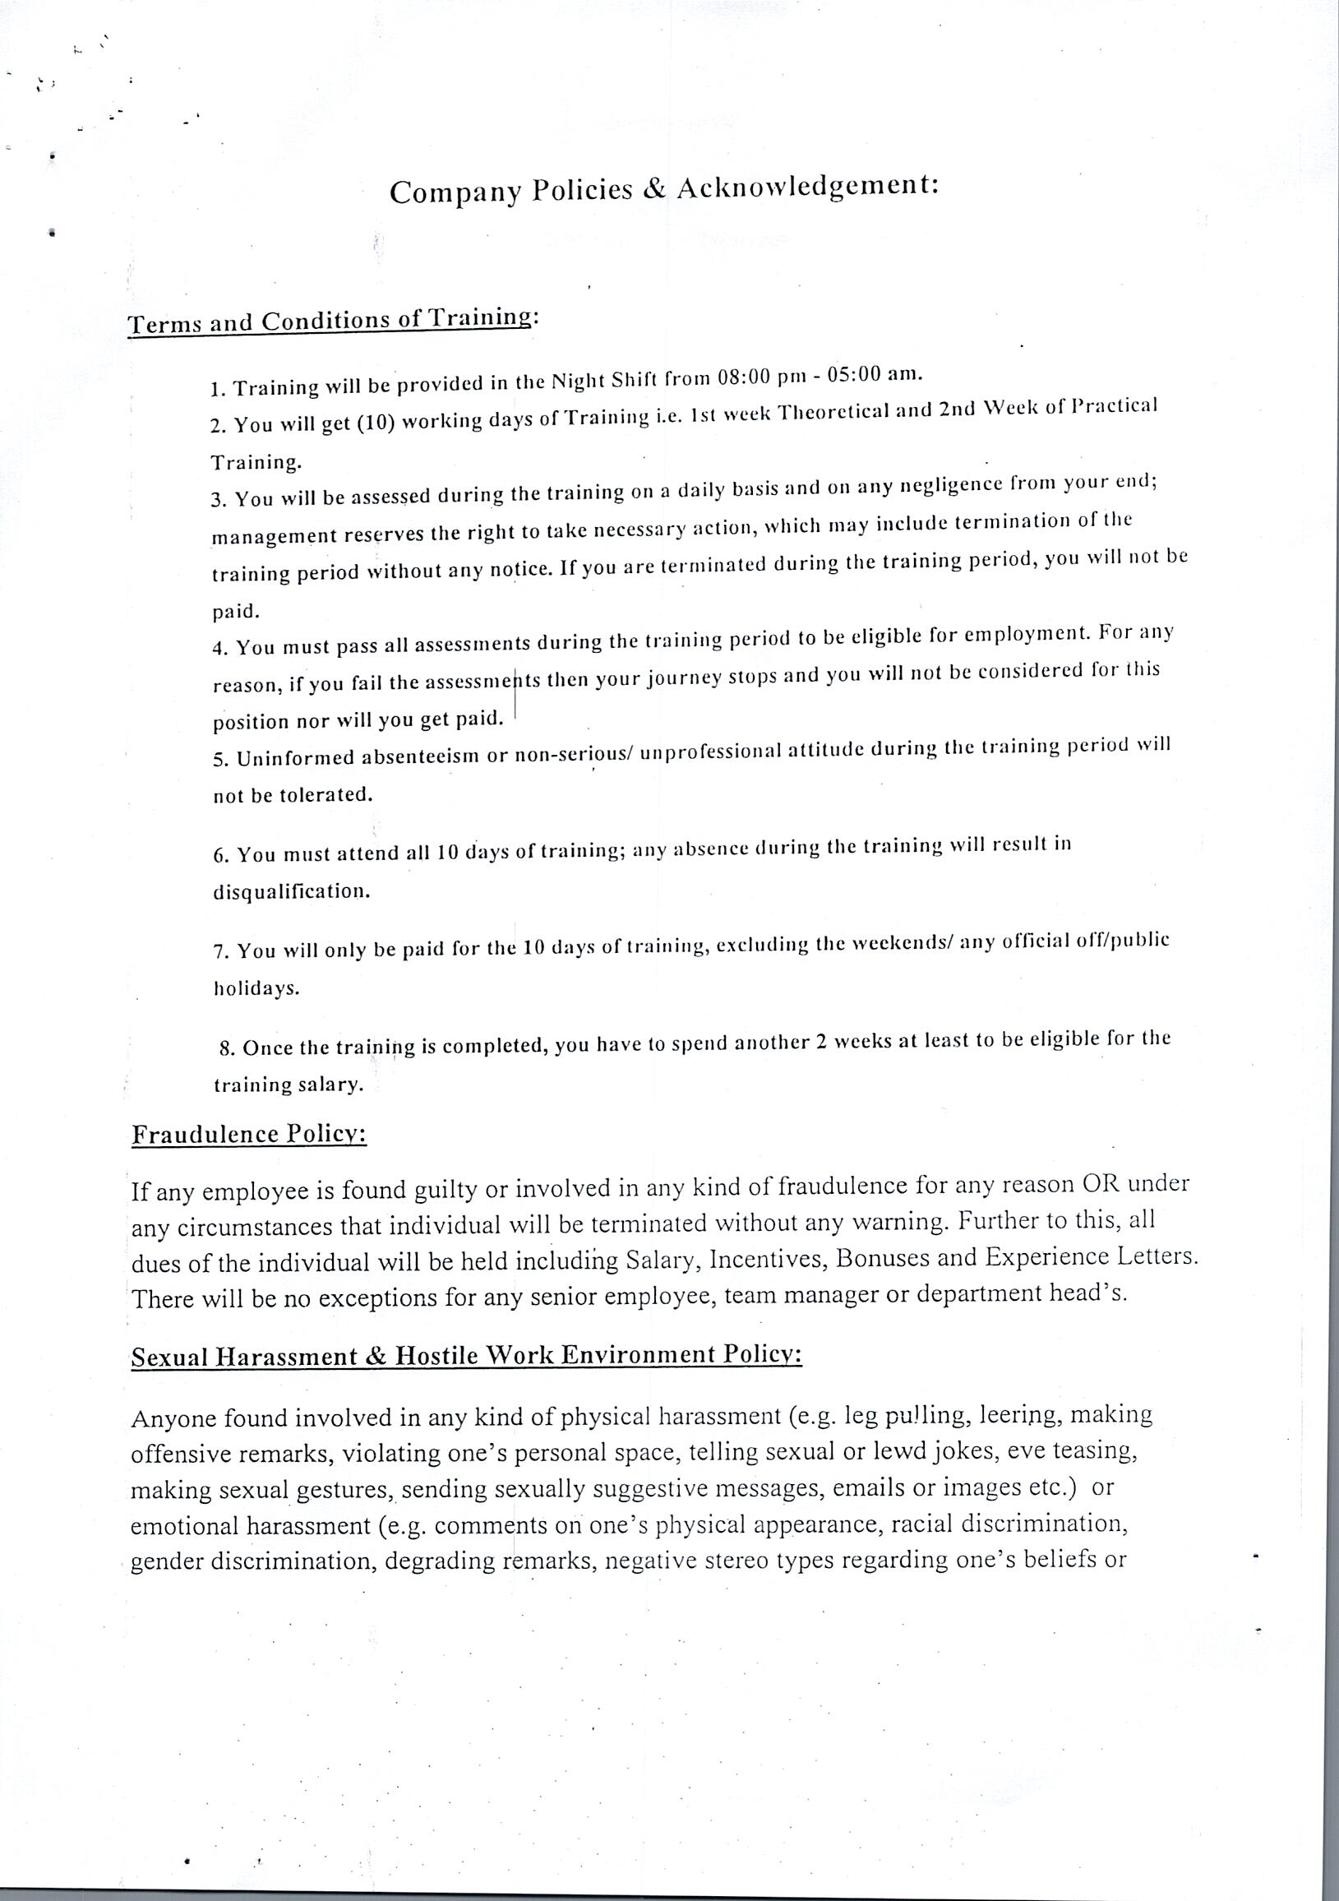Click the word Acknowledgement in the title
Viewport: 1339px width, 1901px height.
pyautogui.click(x=808, y=187)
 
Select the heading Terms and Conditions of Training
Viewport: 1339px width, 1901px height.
pyautogui.click(x=329, y=321)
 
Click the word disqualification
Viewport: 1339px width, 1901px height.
pyautogui.click(x=290, y=892)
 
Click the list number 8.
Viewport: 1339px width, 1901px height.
pyautogui.click(x=227, y=1048)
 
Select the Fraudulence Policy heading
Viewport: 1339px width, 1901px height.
pyautogui.click(x=249, y=1134)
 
